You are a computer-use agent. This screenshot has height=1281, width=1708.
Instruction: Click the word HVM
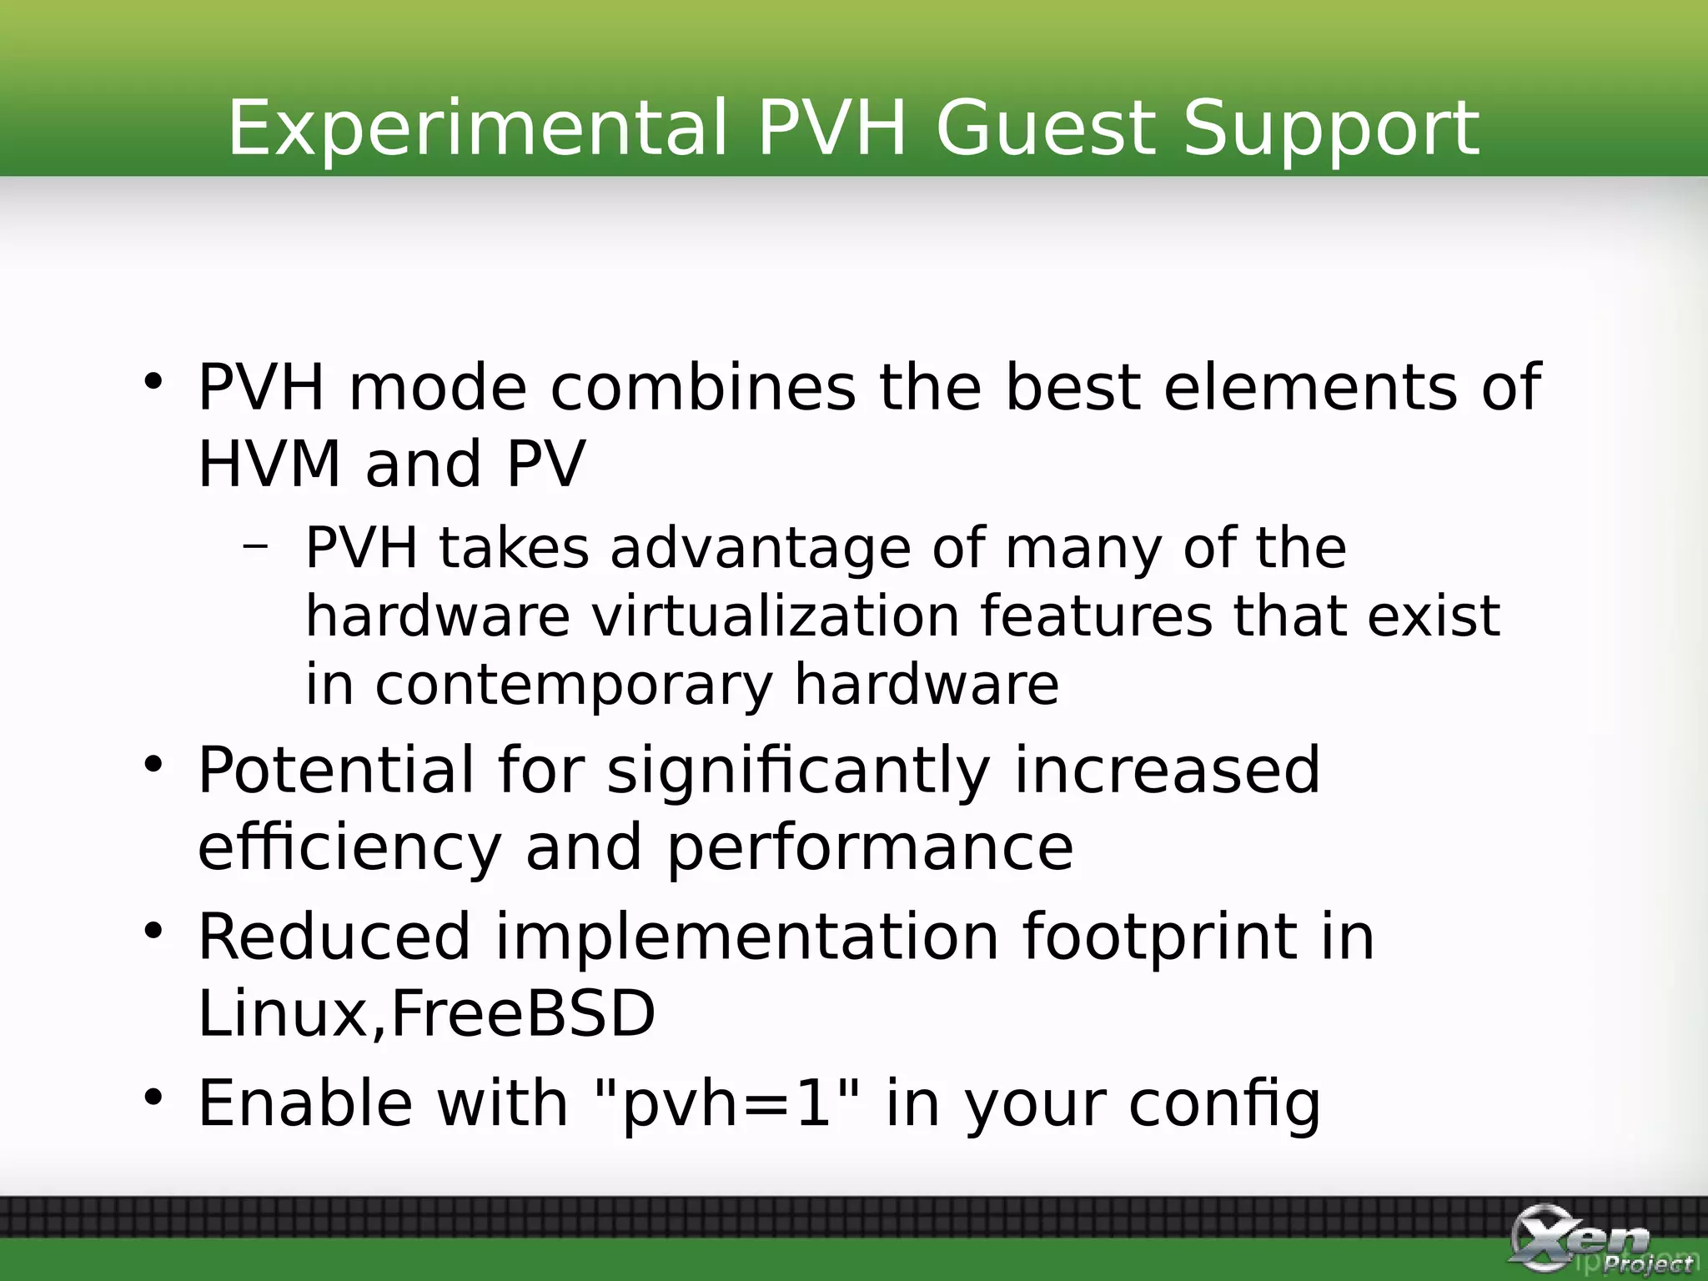269,464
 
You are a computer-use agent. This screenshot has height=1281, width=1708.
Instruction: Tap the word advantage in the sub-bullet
760,550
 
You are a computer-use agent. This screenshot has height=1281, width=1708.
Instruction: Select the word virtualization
775,617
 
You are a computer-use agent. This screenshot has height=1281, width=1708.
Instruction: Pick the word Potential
335,771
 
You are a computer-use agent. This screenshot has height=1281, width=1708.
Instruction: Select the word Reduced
334,937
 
